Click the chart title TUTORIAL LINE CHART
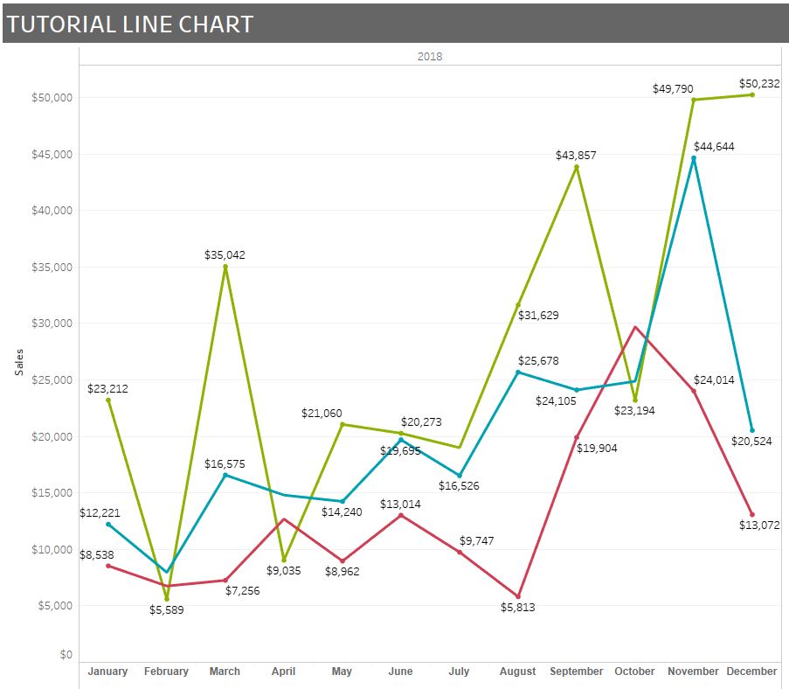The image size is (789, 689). tap(129, 24)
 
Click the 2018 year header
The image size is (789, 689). tap(430, 57)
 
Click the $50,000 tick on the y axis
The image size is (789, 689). tap(53, 98)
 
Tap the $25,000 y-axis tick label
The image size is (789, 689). tap(53, 380)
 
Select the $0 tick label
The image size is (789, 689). tap(66, 655)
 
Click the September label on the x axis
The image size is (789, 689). tap(576, 672)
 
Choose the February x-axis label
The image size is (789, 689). tap(166, 672)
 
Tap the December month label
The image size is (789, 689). tap(751, 672)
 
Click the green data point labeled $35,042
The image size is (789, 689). tap(225, 268)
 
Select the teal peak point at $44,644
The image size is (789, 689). tap(694, 158)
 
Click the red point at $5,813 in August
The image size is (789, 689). tap(518, 596)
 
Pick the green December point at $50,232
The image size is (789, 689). tap(752, 94)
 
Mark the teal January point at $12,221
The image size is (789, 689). tap(108, 524)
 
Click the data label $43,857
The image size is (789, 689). tap(577, 155)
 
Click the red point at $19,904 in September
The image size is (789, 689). tap(577, 437)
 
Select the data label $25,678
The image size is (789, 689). tap(538, 360)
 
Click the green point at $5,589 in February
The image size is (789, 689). tap(167, 599)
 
